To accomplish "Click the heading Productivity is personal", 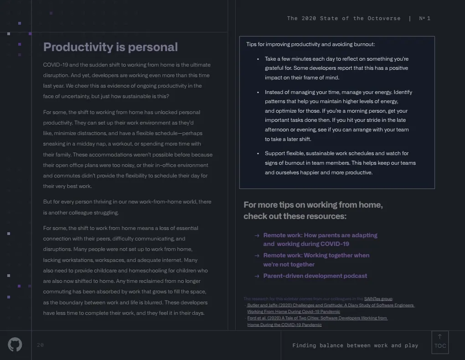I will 110,47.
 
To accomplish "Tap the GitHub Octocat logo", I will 15,344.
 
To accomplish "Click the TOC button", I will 440,342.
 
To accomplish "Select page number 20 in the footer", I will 40,345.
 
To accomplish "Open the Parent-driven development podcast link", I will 315,276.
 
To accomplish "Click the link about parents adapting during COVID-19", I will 320,240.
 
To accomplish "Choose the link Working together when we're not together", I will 316,260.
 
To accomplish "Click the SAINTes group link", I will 378,299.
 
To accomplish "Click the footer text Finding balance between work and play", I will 355,345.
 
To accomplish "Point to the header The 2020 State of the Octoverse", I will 344,18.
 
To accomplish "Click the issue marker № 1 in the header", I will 424,18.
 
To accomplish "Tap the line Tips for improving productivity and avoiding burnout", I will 310,44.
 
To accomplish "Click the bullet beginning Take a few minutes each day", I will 336,68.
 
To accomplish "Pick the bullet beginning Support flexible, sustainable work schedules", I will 340,163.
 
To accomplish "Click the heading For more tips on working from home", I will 313,210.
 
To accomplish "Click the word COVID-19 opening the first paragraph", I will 54,65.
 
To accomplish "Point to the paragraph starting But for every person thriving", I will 127,207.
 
